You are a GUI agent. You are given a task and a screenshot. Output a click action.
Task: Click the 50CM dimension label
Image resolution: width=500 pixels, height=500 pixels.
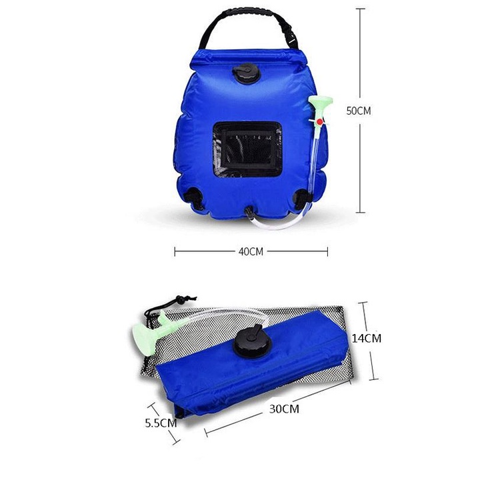coord(359,111)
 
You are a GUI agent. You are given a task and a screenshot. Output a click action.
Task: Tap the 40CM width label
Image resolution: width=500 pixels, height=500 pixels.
coord(251,251)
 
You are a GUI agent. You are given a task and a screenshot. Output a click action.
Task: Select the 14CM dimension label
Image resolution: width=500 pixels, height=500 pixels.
coord(367,338)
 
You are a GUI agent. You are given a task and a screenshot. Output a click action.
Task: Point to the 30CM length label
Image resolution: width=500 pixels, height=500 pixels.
coord(284,409)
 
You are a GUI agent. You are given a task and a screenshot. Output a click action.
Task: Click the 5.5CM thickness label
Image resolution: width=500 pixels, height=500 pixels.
coord(161,423)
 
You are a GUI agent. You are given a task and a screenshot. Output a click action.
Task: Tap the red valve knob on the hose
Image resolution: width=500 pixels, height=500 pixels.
coord(319,121)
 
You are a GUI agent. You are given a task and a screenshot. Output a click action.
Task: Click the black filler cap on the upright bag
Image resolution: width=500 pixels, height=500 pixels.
coord(247,74)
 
